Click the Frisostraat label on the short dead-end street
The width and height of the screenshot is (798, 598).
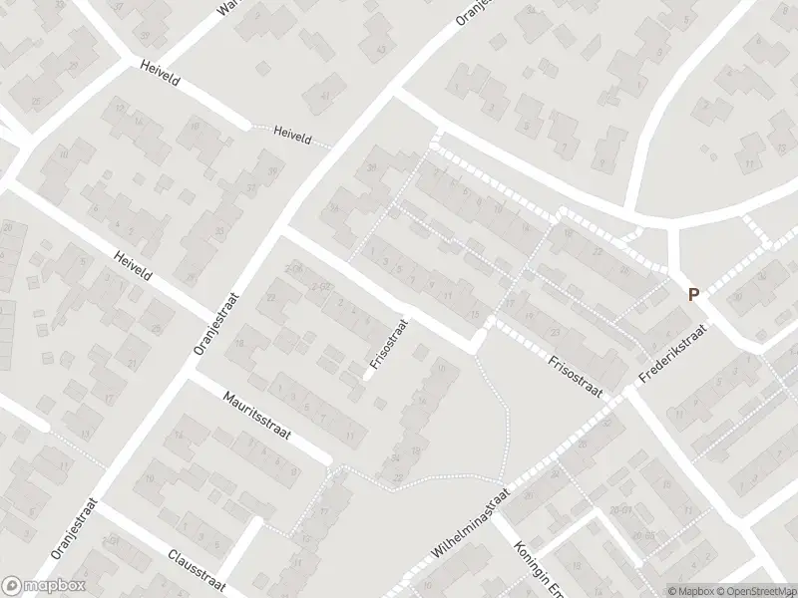coord(388,344)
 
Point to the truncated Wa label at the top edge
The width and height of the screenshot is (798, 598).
coord(229,8)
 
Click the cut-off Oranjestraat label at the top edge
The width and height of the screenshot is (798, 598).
coord(469,14)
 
